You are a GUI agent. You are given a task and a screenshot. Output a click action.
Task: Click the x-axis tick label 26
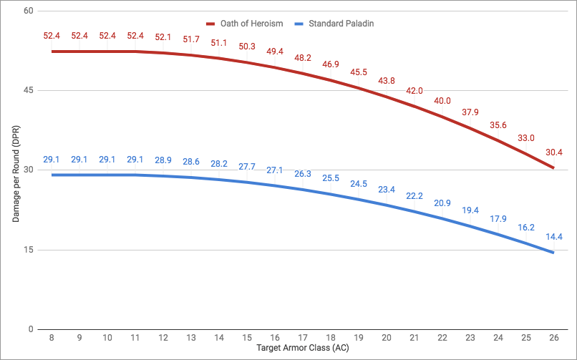click(x=553, y=338)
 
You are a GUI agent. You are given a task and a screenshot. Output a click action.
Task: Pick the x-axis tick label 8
click(x=51, y=338)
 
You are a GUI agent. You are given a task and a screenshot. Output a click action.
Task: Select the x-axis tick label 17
click(x=302, y=338)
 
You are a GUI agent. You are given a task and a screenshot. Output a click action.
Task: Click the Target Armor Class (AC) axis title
click(x=302, y=350)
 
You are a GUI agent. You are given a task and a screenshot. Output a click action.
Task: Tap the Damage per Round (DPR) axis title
click(x=15, y=170)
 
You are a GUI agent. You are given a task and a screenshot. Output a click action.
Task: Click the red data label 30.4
click(x=553, y=152)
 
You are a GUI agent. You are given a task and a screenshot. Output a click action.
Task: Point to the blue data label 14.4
click(x=553, y=236)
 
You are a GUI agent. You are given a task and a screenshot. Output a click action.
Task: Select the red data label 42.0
click(x=414, y=91)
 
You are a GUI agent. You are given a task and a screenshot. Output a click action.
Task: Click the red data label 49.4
click(x=274, y=52)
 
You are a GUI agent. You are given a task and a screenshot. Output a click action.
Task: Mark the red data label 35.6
click(x=498, y=125)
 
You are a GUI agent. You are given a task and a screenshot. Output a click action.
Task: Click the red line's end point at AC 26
click(x=553, y=168)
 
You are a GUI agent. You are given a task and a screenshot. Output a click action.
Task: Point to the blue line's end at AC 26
click(x=553, y=253)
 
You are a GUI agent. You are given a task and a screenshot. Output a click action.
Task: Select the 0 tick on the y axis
click(x=30, y=329)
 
